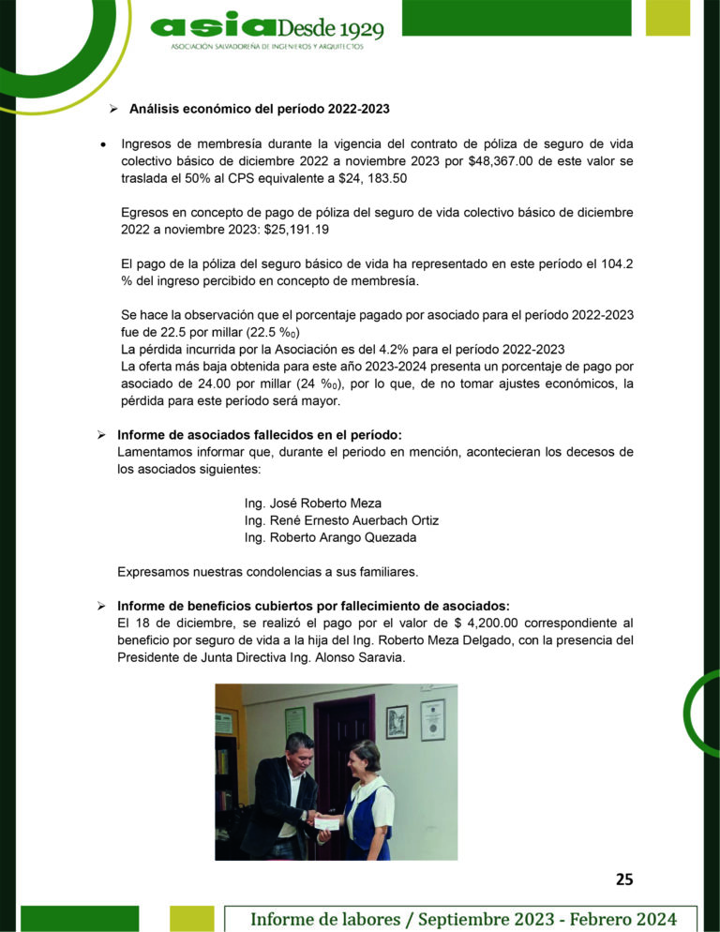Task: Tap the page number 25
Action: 624,879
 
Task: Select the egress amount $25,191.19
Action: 296,229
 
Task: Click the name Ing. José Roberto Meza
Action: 313,503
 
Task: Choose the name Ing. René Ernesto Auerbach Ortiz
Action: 341,520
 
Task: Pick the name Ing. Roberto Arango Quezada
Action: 330,538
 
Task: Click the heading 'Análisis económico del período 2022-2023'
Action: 259,109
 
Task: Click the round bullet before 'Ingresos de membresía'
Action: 102,144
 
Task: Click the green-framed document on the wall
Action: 295,720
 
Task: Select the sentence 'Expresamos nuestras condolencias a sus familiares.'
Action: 268,571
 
